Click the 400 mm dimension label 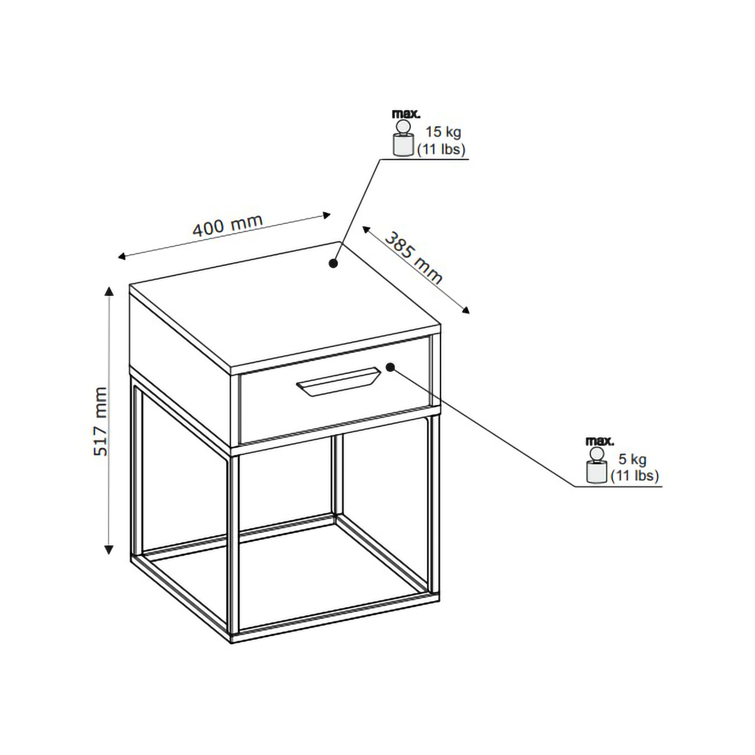pyautogui.click(x=227, y=225)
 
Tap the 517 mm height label pyautogui.click(x=100, y=422)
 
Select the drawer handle pyautogui.click(x=338, y=382)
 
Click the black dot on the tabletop pyautogui.click(x=333, y=264)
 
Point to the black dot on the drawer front pyautogui.click(x=390, y=367)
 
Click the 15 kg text pyautogui.click(x=443, y=132)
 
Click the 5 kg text pyautogui.click(x=632, y=459)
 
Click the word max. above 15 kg pyautogui.click(x=406, y=114)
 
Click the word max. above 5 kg pyautogui.click(x=599, y=441)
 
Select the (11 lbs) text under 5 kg pyautogui.click(x=635, y=476)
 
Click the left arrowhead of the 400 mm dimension pyautogui.click(x=122, y=256)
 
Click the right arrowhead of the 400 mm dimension pyautogui.click(x=327, y=214)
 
